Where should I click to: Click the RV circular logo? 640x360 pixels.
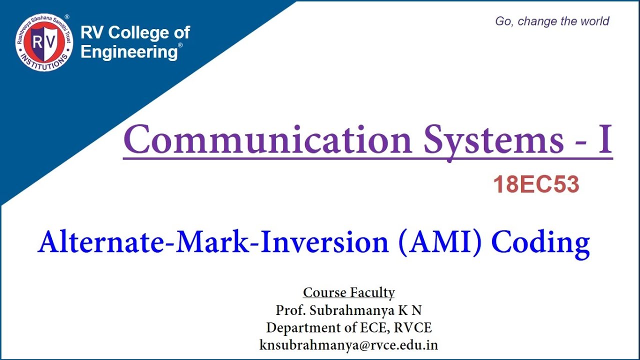pos(44,42)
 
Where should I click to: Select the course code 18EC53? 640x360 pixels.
pos(536,185)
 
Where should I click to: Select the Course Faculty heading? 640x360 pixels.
pos(348,292)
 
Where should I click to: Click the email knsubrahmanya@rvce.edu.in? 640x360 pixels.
pos(348,345)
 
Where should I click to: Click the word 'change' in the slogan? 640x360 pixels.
pos(537,21)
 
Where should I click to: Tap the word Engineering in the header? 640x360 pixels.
pos(129,51)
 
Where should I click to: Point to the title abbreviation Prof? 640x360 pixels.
pos(290,310)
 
